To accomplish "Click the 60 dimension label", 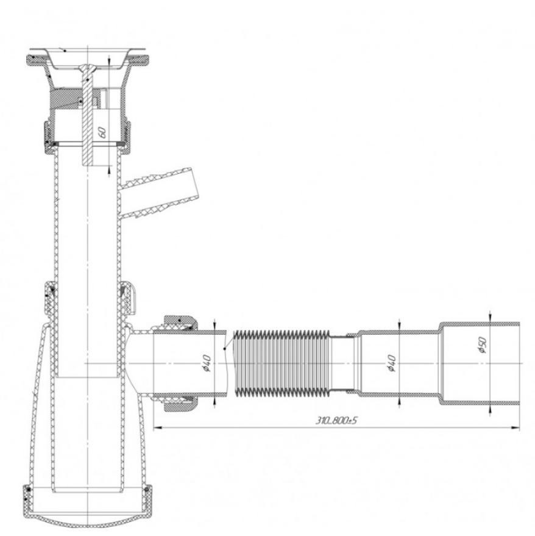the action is pyautogui.click(x=102, y=132).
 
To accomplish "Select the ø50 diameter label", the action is pyautogui.click(x=482, y=345).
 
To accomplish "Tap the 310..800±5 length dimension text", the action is pyautogui.click(x=336, y=420).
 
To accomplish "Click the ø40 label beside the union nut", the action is pyautogui.click(x=207, y=363).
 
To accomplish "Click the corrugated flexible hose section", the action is pyautogui.click(x=282, y=363).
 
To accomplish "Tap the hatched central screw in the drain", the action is pyautogui.click(x=88, y=115).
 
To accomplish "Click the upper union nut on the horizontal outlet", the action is pyautogui.click(x=180, y=323).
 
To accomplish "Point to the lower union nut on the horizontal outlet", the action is pyautogui.click(x=180, y=404).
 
